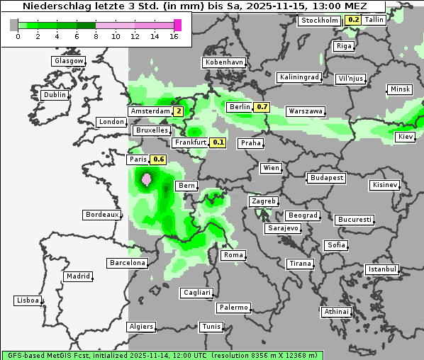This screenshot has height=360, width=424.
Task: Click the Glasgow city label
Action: pos(68,61)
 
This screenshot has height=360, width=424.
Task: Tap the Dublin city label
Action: pos(55,95)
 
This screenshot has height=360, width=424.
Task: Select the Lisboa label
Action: pos(27,300)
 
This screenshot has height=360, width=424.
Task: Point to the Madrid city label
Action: pos(77,276)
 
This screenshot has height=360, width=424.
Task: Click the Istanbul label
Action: pos(382,269)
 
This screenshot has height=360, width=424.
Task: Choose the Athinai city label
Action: pos(336,312)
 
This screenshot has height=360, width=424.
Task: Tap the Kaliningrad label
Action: pos(299,77)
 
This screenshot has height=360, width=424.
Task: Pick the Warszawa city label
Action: pos(306,111)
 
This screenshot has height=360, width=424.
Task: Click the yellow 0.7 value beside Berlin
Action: pos(262,107)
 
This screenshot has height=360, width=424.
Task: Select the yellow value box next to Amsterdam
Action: pos(179,111)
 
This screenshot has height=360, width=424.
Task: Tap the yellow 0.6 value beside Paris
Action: pos(159,159)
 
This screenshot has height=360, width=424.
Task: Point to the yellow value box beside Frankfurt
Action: pos(218,142)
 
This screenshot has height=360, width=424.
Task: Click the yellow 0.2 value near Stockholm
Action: pos(353,20)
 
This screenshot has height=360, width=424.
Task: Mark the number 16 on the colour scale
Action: pos(174,35)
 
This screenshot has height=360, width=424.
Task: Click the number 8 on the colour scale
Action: pos(95,35)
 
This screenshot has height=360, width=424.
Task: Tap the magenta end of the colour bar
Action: pos(178,25)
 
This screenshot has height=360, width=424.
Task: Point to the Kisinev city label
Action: pos(385,185)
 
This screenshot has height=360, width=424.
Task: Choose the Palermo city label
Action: pos(233,308)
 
